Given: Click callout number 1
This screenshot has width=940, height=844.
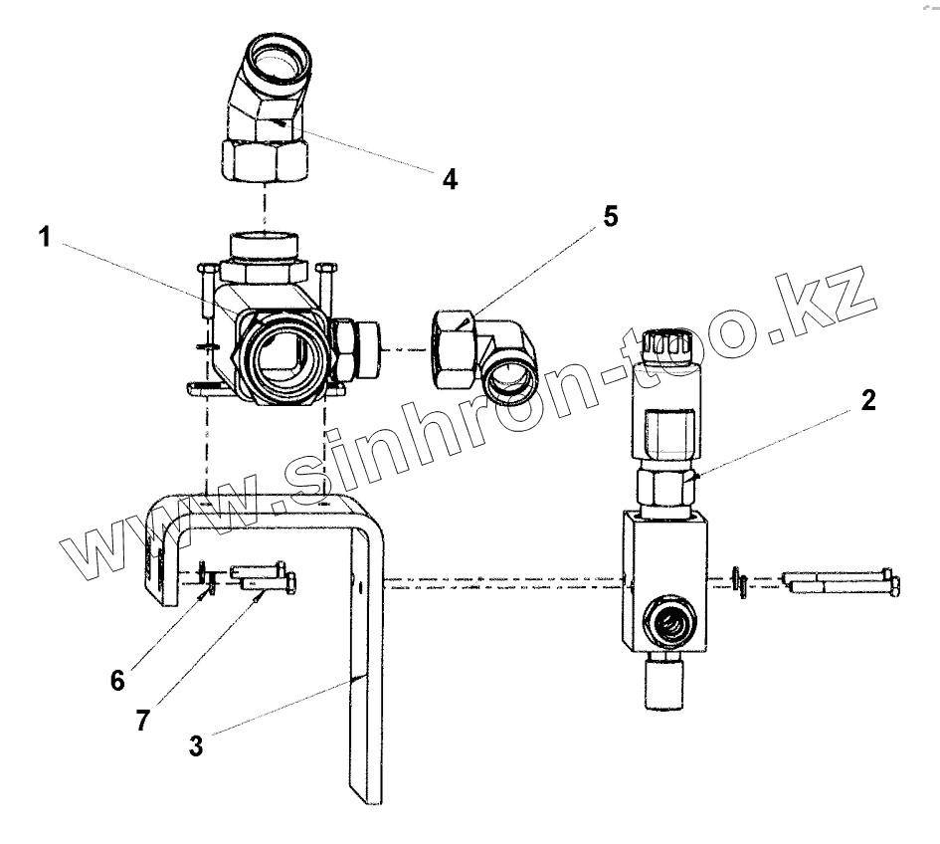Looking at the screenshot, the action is tap(43, 237).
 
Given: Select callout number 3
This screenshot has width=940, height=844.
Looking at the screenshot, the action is tap(196, 745).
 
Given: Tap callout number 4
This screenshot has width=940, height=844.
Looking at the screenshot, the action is tap(450, 180).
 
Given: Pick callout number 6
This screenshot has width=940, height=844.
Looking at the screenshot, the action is tap(117, 680).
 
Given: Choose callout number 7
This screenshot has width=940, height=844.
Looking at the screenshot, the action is tap(143, 720).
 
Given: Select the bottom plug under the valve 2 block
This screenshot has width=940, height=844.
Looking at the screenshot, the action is tap(660, 686).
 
